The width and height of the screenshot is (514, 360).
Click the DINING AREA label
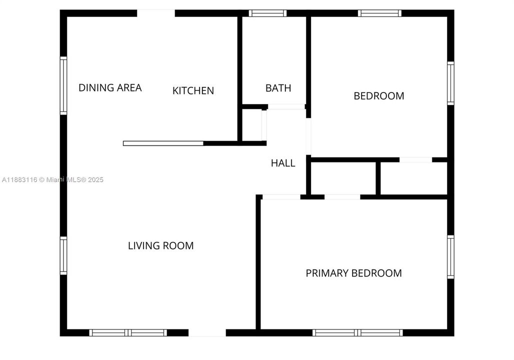[x=110, y=88]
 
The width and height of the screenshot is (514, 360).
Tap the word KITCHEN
[x=193, y=90]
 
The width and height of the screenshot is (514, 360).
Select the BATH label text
[x=278, y=88]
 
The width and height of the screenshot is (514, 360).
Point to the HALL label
[x=283, y=163]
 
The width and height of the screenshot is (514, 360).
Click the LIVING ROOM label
[x=160, y=245]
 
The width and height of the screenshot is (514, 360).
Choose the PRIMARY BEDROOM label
[x=353, y=273]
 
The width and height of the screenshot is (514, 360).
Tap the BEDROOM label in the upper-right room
[x=378, y=96]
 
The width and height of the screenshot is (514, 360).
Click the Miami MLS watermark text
[x=52, y=179]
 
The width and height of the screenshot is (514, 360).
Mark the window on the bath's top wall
[x=267, y=13]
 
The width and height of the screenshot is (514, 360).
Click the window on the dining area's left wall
[x=63, y=85]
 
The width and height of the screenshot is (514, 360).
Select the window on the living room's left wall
[x=63, y=255]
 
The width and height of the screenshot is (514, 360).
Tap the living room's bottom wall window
[x=128, y=332]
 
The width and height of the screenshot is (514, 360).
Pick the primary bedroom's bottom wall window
[x=357, y=332]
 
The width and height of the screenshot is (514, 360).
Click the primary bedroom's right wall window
[x=450, y=257]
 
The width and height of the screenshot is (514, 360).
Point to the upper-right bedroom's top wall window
[x=380, y=13]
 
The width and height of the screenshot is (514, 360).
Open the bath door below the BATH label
[x=286, y=106]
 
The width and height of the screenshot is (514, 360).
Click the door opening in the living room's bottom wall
[x=207, y=332]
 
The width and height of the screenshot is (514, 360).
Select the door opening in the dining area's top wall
[x=156, y=13]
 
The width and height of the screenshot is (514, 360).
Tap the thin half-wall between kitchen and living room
[x=163, y=143]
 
